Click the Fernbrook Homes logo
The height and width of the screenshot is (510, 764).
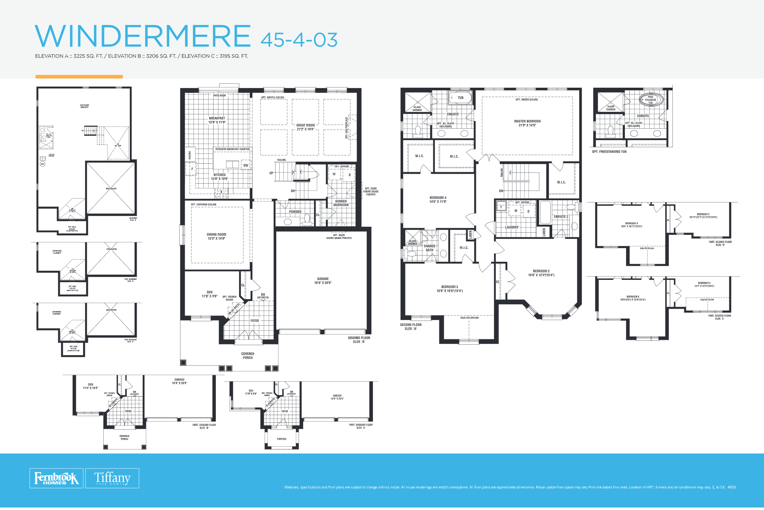pos(56,478)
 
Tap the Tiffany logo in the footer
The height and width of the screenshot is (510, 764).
pos(112,478)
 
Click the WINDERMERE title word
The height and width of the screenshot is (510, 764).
pos(143,36)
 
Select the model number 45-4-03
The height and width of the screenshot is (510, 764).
pos(299,40)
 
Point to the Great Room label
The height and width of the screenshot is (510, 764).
pos(305,127)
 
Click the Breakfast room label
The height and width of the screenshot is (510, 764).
pos(217,120)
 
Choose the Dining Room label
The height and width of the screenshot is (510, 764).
pos(217,236)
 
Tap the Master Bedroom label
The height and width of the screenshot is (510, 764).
pos(527,123)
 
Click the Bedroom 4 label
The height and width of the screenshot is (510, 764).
pos(438,200)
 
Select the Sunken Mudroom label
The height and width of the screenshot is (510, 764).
pos(341,203)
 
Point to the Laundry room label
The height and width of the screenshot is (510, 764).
pos(512,227)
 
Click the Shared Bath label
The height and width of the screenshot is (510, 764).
pos(429,248)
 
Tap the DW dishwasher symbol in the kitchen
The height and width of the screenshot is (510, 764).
pos(246,165)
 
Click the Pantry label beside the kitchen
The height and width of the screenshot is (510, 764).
pos(190,155)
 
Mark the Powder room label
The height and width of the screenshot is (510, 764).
pos(295,212)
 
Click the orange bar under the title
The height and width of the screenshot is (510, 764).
pos(79,77)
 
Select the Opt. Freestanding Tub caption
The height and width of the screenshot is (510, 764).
pos(609,152)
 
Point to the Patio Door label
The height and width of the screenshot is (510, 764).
pos(219,96)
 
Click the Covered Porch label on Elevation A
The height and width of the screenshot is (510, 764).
pos(248,355)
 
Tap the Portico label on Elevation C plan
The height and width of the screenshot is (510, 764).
pos(281,439)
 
